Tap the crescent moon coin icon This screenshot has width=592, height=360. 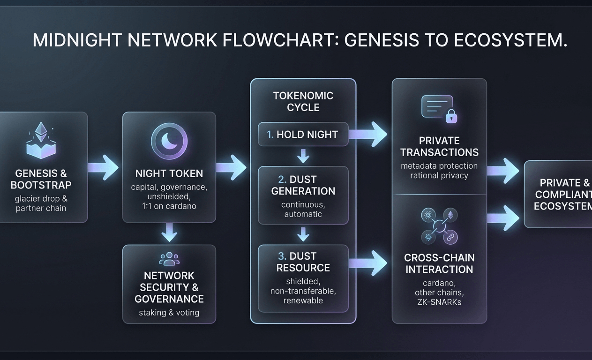click(x=169, y=142)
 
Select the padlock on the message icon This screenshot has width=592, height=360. click(x=451, y=116)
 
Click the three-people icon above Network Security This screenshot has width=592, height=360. click(x=169, y=258)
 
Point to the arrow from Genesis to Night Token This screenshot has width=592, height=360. click(x=103, y=167)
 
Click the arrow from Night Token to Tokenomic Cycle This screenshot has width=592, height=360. click(x=231, y=167)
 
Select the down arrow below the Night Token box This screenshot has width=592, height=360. click(x=169, y=232)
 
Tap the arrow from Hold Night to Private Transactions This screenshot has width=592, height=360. click(x=368, y=134)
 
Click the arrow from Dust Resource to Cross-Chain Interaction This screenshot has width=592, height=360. click(x=368, y=263)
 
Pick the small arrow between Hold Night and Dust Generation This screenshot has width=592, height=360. click(x=303, y=156)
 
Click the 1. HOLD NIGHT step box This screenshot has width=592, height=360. click(x=303, y=134)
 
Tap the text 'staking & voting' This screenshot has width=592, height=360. click(x=169, y=313)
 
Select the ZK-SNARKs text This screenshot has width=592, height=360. click(x=439, y=302)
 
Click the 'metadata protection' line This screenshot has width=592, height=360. click(x=439, y=166)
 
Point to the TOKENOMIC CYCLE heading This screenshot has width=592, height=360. click(x=303, y=102)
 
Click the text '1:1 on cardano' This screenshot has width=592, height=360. click(x=169, y=206)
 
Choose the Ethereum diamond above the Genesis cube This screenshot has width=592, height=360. click(x=41, y=132)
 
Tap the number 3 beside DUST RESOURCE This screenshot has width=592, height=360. click(x=281, y=256)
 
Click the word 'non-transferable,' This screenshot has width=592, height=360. click(x=303, y=291)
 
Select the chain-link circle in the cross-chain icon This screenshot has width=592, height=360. click(x=450, y=237)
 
